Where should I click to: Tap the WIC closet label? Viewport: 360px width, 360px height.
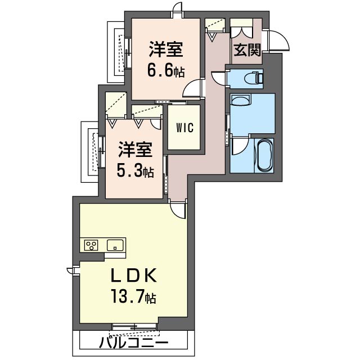click(x=184, y=127)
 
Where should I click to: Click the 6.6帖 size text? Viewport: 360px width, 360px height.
click(x=165, y=71)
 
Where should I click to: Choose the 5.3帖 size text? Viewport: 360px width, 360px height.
click(x=134, y=171)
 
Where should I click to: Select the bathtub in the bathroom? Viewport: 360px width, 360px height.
click(x=264, y=155)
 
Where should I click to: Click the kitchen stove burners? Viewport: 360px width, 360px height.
click(x=91, y=245)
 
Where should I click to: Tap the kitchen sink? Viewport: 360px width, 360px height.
click(x=115, y=245)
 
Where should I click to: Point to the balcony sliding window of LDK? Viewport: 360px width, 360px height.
click(x=134, y=326)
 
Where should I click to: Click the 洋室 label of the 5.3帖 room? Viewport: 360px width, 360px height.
click(x=134, y=151)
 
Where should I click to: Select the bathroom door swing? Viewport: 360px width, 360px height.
click(x=239, y=147)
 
